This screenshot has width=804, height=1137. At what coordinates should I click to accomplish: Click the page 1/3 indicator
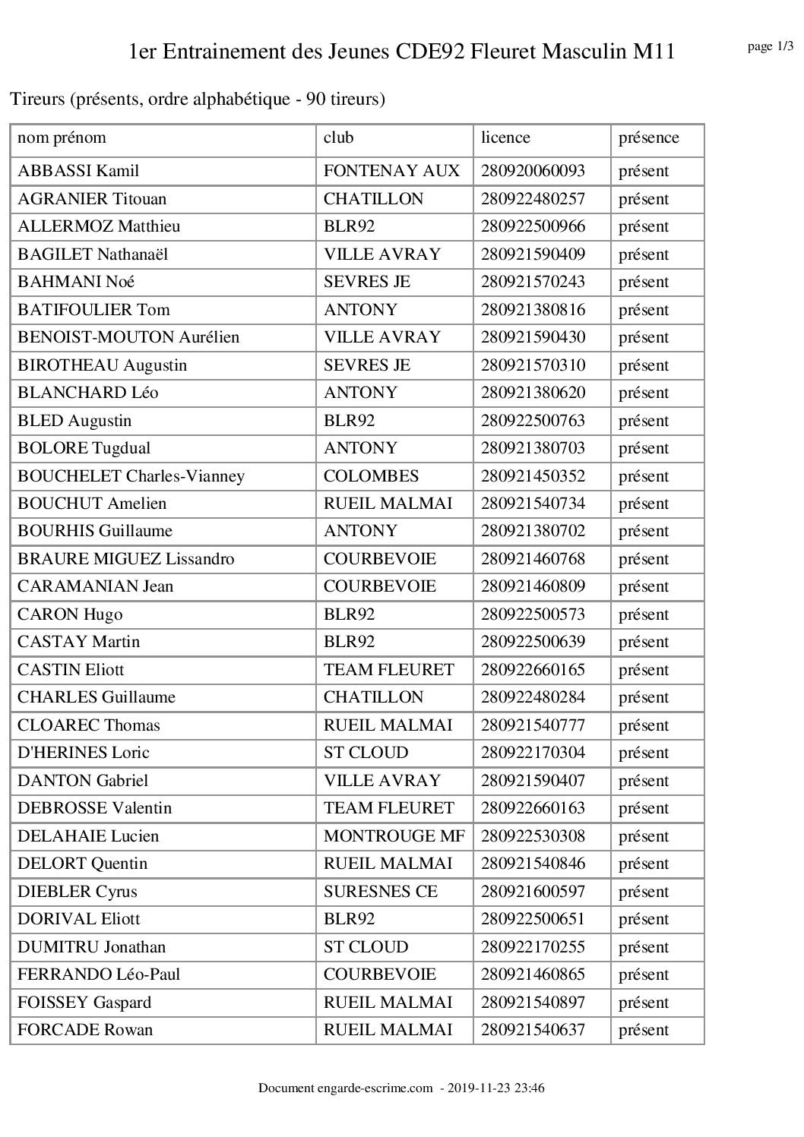click(771, 47)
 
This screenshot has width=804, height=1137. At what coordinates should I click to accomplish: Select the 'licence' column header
click(505, 138)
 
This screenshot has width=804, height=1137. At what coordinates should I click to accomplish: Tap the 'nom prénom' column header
click(62, 138)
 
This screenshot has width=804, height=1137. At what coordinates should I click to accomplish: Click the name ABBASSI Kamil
click(78, 171)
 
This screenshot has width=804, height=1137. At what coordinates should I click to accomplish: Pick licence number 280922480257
click(533, 199)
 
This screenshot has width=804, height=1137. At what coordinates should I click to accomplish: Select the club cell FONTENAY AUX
click(391, 171)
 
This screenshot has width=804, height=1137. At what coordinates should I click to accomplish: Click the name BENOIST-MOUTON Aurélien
click(128, 337)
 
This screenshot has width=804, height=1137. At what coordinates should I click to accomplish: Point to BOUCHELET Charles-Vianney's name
click(131, 476)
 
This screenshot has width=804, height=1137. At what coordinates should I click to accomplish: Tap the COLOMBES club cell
click(371, 476)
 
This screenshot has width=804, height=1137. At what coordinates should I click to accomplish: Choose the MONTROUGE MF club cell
click(394, 836)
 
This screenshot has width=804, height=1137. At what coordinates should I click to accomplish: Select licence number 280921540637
click(533, 1030)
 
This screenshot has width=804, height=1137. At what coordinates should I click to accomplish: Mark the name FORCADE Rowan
click(85, 1030)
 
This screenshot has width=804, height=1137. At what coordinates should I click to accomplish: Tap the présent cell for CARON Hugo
click(644, 614)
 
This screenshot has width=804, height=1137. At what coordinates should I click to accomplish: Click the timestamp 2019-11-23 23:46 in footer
click(499, 1088)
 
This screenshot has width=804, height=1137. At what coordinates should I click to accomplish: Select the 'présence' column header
click(648, 138)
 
